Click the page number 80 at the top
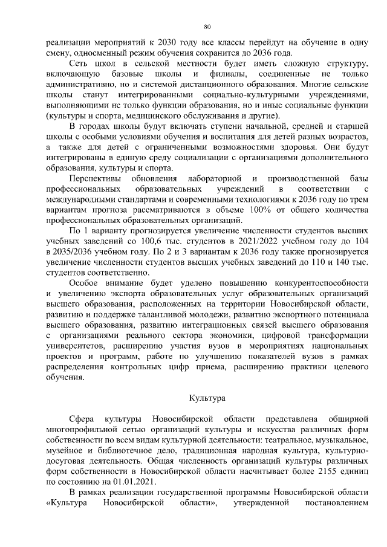coord(207,27)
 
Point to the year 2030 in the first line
coord(166,44)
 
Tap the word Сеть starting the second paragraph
coord(80,63)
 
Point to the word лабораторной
coord(215,178)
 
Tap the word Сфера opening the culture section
coord(82,418)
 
